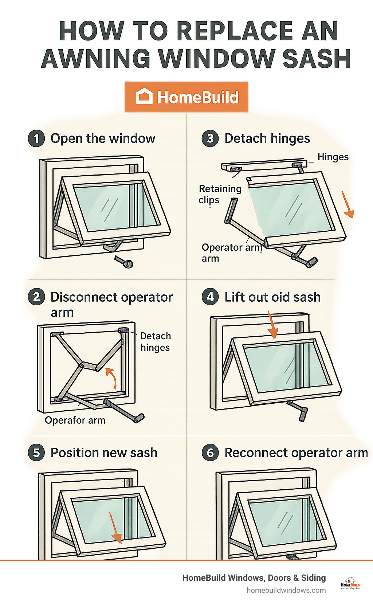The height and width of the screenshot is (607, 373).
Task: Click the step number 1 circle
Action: [36, 139]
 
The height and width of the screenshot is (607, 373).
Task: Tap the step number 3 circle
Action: [210, 139]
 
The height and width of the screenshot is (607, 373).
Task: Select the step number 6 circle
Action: [210, 453]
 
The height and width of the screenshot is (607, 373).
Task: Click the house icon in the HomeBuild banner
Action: [144, 97]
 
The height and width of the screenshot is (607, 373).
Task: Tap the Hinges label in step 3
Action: [333, 157]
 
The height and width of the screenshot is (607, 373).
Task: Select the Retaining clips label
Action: [220, 194]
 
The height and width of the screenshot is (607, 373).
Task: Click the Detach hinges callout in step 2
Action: [156, 342]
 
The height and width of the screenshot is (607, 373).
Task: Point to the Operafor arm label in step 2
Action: [75, 420]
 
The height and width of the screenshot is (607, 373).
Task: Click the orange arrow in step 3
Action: [348, 205]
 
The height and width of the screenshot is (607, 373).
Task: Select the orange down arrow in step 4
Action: [272, 325]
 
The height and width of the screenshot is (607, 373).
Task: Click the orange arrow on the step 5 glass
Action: [115, 528]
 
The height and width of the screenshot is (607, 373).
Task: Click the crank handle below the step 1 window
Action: [124, 262]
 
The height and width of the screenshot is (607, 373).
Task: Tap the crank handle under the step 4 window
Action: [301, 412]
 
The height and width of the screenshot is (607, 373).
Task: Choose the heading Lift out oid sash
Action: [272, 297]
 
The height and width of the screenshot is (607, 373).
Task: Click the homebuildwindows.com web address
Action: [286, 590]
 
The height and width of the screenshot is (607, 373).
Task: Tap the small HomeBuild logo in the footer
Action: [350, 583]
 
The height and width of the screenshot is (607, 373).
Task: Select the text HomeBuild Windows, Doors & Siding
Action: [254, 578]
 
